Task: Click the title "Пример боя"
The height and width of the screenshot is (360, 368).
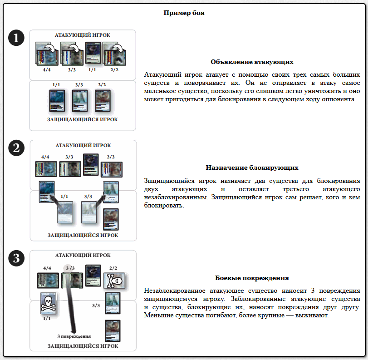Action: pyautogui.click(x=184, y=13)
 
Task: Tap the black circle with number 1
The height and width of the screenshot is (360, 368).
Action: pyautogui.click(x=16, y=38)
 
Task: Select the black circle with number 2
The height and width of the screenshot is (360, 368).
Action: pyautogui.click(x=16, y=148)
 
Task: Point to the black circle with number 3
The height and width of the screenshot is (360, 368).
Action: pyautogui.click(x=16, y=258)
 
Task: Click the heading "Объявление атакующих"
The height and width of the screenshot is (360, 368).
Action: pyautogui.click(x=252, y=62)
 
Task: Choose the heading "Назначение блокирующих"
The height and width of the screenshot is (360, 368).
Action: pyautogui.click(x=252, y=168)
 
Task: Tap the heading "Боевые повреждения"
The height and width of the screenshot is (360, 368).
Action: pyautogui.click(x=252, y=278)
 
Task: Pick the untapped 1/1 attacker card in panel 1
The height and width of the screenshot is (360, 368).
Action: pyautogui.click(x=93, y=53)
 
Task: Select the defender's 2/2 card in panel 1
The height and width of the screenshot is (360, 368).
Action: pyautogui.click(x=103, y=101)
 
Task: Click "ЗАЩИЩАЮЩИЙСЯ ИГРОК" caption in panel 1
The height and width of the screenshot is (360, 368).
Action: pyautogui.click(x=83, y=120)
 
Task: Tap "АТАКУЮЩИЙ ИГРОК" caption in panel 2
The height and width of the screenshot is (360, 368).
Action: pyautogui.click(x=83, y=146)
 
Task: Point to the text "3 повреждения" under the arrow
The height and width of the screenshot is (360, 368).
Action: pyautogui.click(x=74, y=336)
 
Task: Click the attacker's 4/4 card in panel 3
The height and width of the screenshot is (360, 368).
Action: pyautogui.click(x=47, y=280)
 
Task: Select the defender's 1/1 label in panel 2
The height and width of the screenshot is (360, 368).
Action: pyautogui.click(x=64, y=196)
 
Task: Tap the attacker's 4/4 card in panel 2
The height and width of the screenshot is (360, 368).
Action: pyautogui.click(x=46, y=168)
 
